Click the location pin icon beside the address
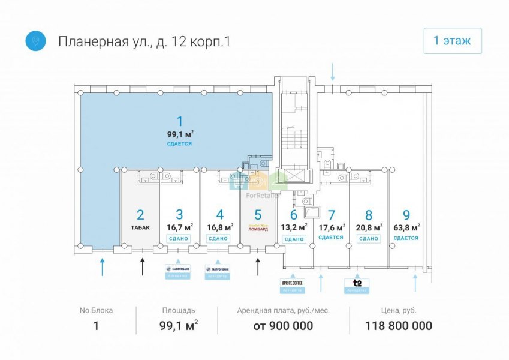pos(35,41)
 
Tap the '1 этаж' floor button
pos(452,41)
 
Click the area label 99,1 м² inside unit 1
pos(180,134)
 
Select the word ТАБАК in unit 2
pos(140,227)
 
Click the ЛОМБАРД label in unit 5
pos(258,229)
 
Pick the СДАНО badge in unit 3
pos(179,238)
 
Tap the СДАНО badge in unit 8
pos(368,238)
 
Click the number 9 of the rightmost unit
pos(406,214)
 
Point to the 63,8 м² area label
pos(406,227)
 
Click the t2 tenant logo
pos(356,283)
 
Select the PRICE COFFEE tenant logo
pos(292,282)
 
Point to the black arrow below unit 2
pos(143,266)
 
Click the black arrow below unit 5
pos(258,266)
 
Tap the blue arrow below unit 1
pos(103,267)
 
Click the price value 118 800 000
pos(398,326)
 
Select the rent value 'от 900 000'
pos(283,326)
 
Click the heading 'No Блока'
pos(95,310)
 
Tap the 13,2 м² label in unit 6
pos(294,227)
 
